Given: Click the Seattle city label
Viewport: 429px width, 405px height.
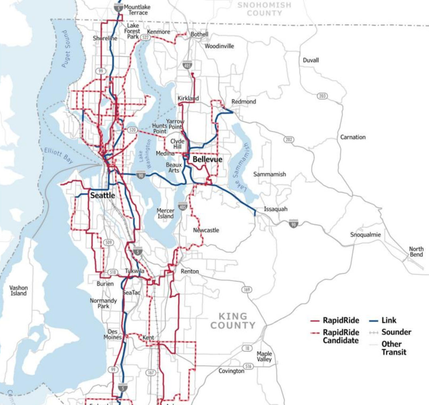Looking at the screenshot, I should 102,195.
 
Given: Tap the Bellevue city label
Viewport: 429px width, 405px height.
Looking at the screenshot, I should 207,160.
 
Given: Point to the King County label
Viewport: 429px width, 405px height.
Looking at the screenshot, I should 233,321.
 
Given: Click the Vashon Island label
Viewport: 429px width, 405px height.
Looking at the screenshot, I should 18,290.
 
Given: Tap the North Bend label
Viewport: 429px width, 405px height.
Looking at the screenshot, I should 416,252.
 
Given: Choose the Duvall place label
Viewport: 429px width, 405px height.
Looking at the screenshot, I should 311,60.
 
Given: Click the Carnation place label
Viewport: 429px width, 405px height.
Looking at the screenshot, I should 353,137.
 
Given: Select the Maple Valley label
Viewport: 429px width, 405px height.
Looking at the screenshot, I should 264,356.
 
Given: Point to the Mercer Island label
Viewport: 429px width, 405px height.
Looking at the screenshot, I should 165,213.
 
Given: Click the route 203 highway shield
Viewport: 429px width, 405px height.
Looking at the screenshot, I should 322,96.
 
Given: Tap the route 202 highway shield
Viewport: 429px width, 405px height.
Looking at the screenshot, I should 289,139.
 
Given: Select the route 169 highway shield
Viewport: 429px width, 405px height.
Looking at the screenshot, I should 247,289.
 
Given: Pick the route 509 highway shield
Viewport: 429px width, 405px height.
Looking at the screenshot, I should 108,242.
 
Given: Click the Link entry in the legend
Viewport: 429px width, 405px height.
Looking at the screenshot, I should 388,320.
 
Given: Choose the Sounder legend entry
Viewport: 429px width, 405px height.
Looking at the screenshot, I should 396,332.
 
